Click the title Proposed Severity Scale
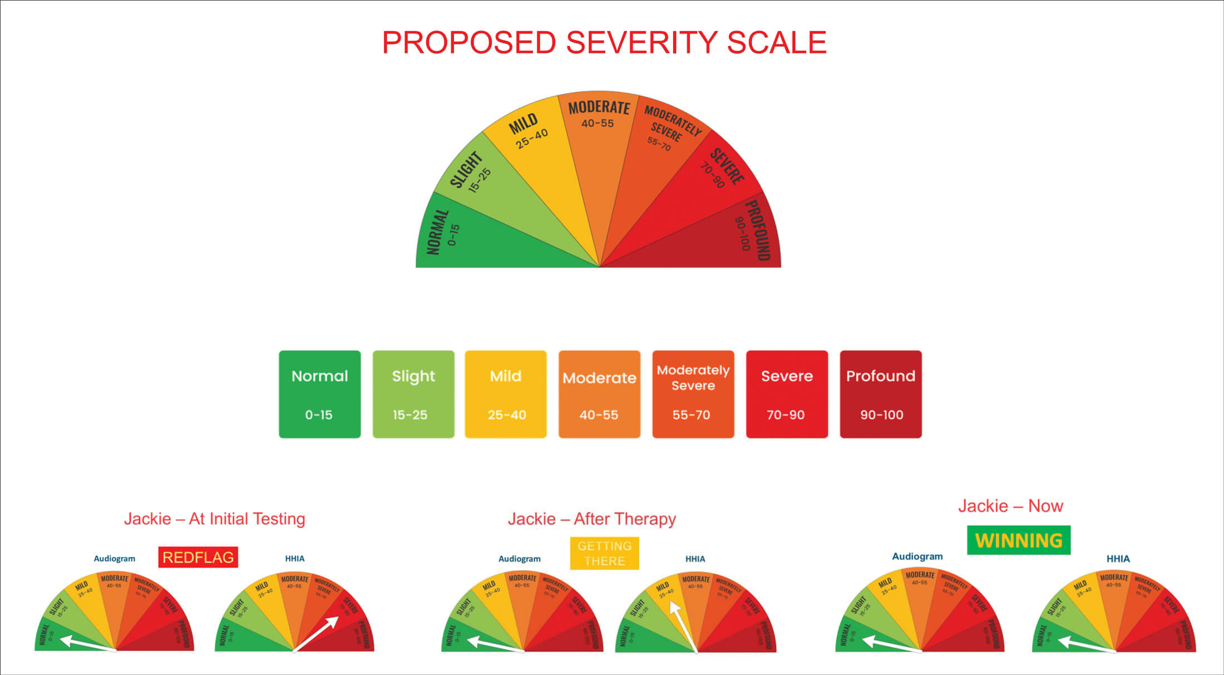[604, 43]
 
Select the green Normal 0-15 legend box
[319, 394]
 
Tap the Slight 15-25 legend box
[413, 394]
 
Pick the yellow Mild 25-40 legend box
[506, 394]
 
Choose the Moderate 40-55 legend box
[599, 394]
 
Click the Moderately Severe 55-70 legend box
[693, 394]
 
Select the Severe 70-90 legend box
[787, 394]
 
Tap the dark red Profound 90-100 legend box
[880, 394]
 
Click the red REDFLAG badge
[198, 557]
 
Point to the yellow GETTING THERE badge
[604, 553]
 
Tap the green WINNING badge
[1019, 540]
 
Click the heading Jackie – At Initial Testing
[215, 519]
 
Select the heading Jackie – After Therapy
[592, 519]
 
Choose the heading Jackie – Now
[1010, 506]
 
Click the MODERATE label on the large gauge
[599, 107]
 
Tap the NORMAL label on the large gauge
[438, 232]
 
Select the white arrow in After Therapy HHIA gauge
[684, 626]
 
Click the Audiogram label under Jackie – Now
[917, 556]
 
